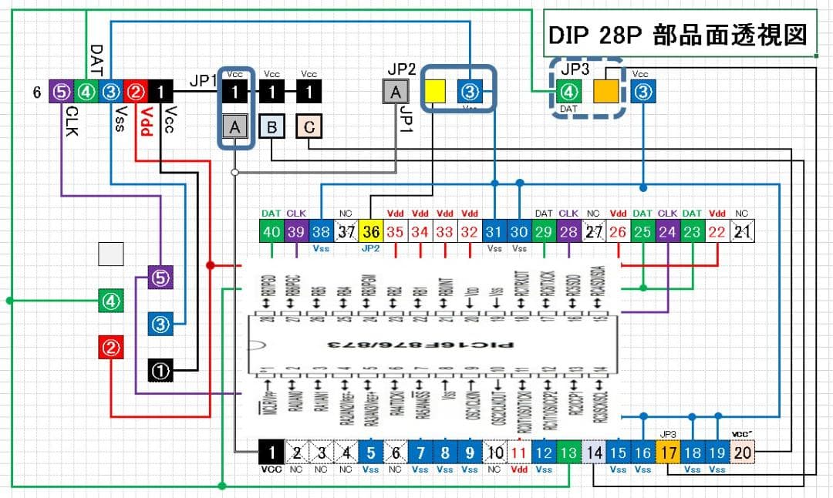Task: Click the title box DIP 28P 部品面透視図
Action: coord(680,33)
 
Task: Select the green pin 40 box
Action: coord(271,230)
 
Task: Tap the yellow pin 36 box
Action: coord(370,230)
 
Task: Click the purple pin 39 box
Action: coord(296,230)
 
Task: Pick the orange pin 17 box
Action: coord(668,453)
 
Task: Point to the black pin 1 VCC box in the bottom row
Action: coord(271,453)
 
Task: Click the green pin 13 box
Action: coord(568,453)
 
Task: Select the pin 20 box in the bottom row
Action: coord(742,453)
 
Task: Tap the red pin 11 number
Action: coord(519,453)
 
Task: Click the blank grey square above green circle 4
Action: coord(113,254)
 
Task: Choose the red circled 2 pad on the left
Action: coord(113,348)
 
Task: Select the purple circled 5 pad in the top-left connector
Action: coord(61,93)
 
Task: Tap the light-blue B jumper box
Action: coord(271,126)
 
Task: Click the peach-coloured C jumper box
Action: coord(309,126)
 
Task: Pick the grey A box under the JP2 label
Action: coord(396,93)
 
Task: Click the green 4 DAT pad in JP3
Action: coord(568,93)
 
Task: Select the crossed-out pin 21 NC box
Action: coord(742,230)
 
